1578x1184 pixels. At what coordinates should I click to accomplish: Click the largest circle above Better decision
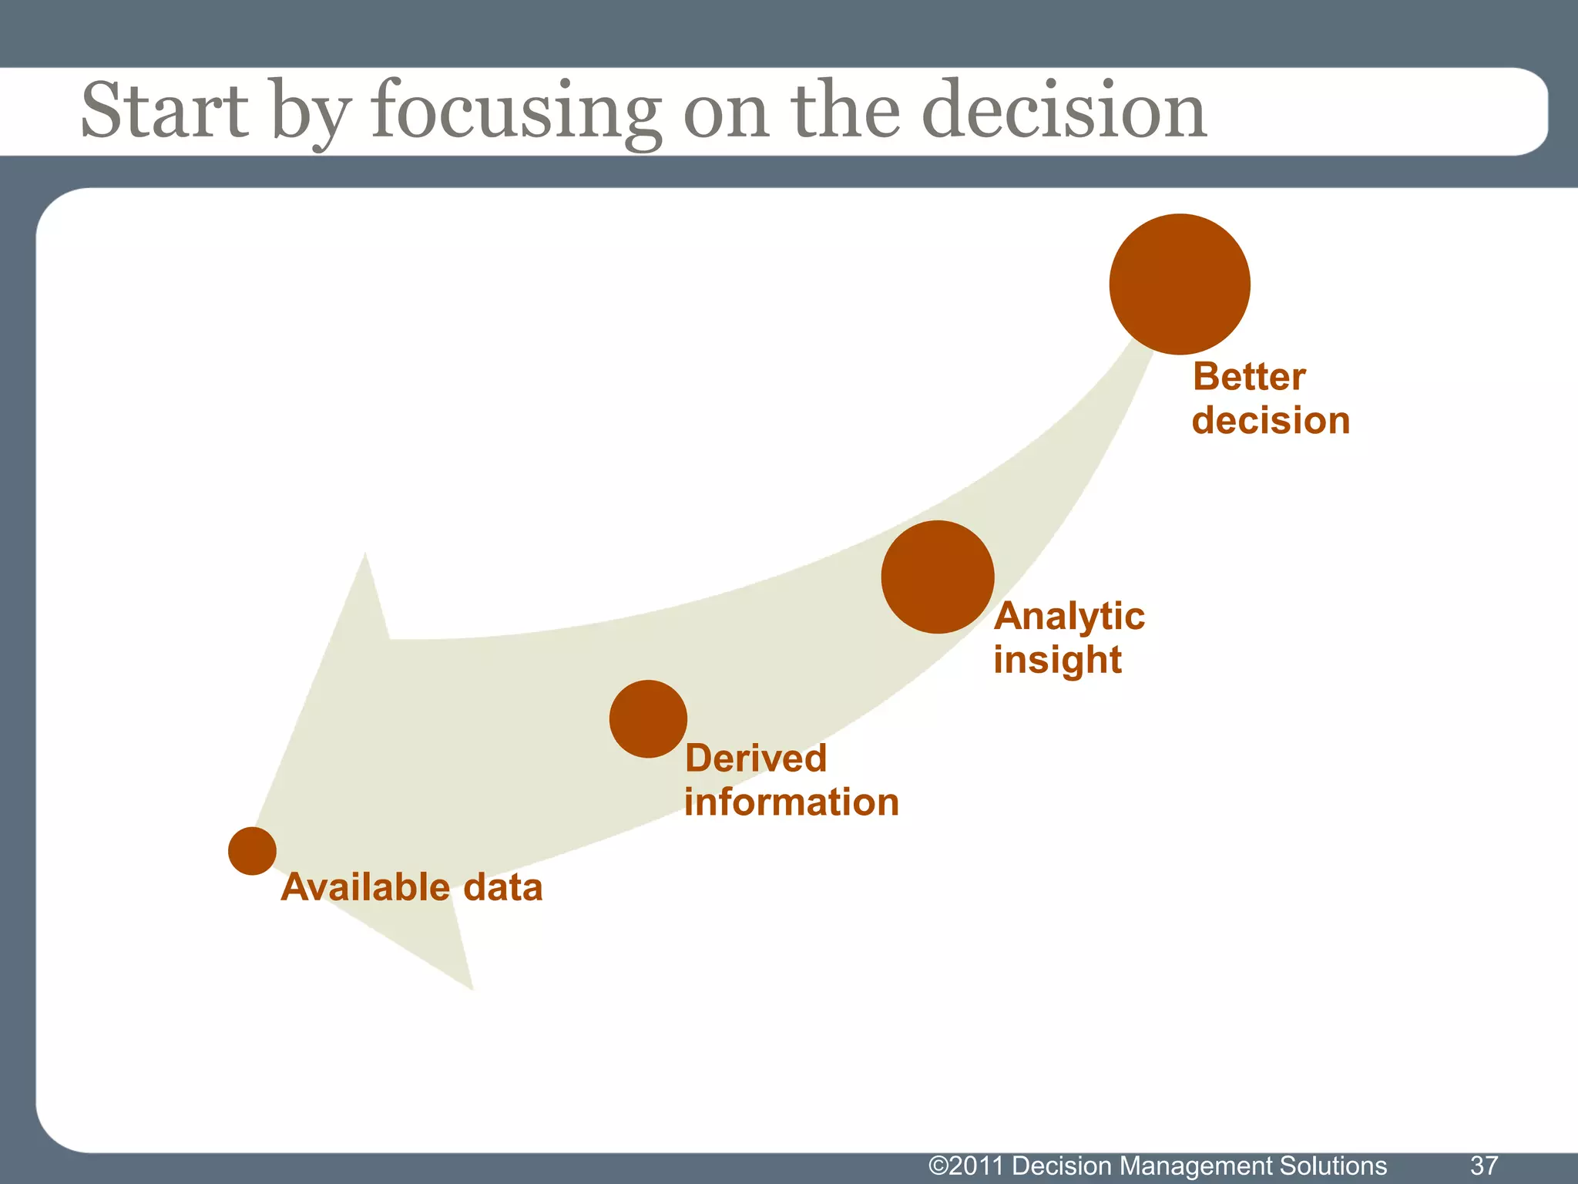tap(1180, 284)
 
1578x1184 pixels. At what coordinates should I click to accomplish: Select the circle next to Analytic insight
tap(937, 577)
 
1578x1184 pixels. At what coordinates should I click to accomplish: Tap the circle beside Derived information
tap(648, 718)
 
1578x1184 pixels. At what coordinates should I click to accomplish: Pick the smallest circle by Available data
tap(252, 851)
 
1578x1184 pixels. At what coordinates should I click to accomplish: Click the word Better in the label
tap(1249, 378)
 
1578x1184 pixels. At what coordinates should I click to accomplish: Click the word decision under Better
tap(1271, 422)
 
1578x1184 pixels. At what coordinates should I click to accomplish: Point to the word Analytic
tap(1069, 617)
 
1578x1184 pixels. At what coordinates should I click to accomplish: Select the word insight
tap(1057, 661)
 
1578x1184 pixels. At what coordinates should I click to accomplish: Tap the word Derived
tap(755, 758)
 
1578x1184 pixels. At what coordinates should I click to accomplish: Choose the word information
tap(791, 802)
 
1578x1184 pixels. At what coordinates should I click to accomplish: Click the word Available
tap(365, 887)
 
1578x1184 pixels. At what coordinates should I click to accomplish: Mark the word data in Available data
tap(503, 887)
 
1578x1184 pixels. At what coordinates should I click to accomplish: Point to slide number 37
tap(1484, 1165)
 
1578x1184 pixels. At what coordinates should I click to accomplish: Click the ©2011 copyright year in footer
tap(967, 1165)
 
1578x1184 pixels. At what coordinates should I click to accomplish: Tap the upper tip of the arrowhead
tap(364, 555)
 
